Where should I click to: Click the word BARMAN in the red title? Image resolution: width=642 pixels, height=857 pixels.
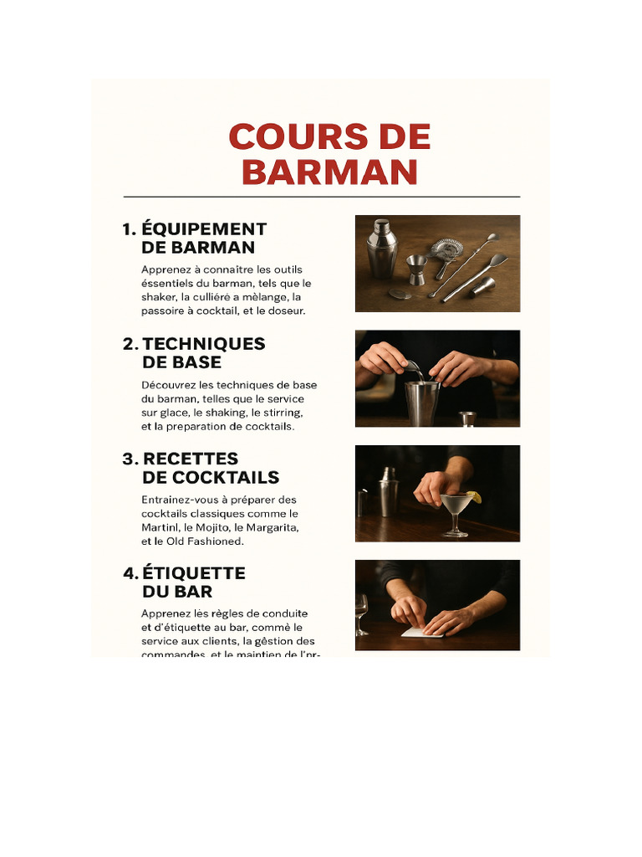point(329,172)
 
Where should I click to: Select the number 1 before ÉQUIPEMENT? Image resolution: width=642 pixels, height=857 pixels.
point(128,229)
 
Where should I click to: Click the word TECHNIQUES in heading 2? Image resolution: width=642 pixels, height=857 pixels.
point(204,344)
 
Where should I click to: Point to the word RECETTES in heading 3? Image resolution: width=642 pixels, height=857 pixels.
point(191,459)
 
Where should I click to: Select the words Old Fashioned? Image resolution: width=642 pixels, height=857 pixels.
point(206,541)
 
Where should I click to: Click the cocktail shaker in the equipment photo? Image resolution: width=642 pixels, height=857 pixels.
point(381,248)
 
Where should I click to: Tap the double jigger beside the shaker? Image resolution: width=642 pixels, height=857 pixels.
point(416,269)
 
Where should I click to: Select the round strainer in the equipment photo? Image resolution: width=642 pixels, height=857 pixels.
point(447,249)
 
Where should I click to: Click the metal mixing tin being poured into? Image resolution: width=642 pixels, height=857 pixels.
point(422,402)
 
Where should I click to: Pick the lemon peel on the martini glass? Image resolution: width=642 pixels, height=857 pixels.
point(474,498)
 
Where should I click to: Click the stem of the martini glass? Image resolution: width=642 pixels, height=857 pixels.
point(455,523)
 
